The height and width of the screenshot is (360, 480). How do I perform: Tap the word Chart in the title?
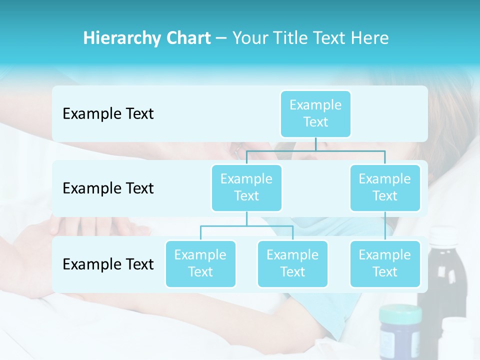[187, 38]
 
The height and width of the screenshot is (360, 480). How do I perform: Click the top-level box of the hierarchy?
[315, 113]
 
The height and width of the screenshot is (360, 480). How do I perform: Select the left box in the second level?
[246, 187]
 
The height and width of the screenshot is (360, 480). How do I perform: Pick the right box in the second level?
[384, 187]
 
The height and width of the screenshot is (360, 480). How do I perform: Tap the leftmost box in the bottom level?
[200, 263]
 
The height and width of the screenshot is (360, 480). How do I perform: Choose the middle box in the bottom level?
[292, 263]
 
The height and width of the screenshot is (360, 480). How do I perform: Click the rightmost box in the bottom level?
[384, 263]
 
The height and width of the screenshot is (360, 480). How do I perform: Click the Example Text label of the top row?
[108, 114]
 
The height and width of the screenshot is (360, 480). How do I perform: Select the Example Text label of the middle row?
[108, 188]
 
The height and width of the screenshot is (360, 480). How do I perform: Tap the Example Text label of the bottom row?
[108, 264]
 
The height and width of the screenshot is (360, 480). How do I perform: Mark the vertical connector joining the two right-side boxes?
[385, 226]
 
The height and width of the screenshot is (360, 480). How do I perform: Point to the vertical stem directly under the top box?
[315, 144]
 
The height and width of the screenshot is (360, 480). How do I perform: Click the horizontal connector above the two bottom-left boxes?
[246, 226]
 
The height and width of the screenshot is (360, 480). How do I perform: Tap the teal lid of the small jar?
[400, 314]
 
